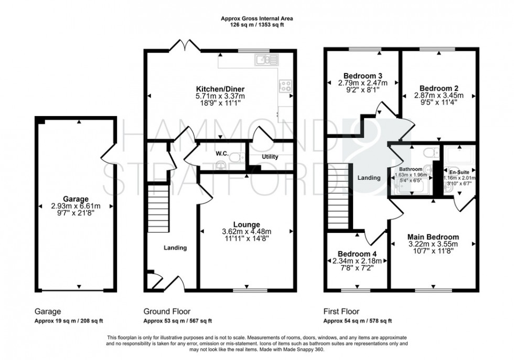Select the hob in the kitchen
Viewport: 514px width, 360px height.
[x=286, y=86]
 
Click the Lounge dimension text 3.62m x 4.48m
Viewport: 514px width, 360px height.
[x=246, y=231]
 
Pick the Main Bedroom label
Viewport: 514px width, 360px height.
[x=433, y=237]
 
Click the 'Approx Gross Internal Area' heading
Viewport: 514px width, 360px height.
[x=256, y=18]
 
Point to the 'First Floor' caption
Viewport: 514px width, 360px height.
[x=341, y=311]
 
